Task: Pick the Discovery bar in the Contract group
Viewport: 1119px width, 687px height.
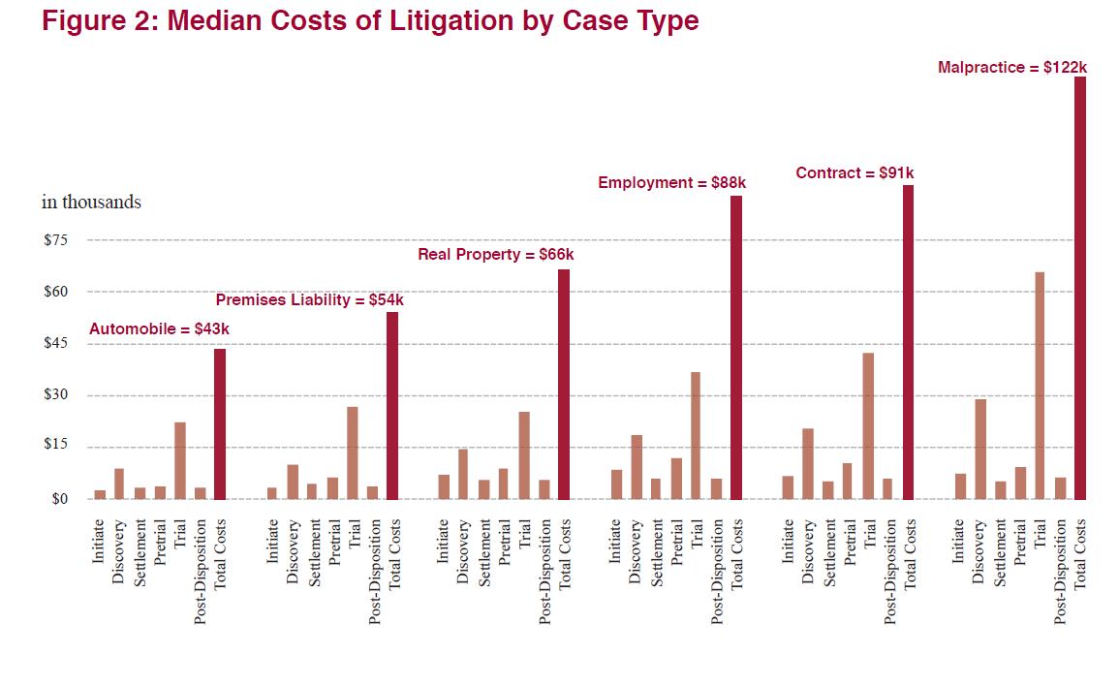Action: click(808, 464)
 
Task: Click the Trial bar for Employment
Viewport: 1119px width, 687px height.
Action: click(696, 436)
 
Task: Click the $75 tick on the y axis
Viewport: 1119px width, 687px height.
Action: click(56, 240)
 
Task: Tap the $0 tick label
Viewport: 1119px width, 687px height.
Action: click(60, 499)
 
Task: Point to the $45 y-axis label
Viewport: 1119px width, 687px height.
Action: click(56, 344)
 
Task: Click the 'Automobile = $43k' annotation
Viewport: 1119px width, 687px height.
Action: click(159, 329)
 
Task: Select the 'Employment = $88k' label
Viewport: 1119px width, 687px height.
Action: click(671, 182)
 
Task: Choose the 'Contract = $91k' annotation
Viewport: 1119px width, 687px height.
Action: click(855, 173)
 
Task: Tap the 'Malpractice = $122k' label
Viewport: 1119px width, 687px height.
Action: click(1012, 67)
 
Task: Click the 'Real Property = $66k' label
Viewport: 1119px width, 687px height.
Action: click(495, 255)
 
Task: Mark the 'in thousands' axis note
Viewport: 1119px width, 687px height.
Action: click(91, 203)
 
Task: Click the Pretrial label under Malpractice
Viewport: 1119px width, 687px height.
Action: click(1020, 542)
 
